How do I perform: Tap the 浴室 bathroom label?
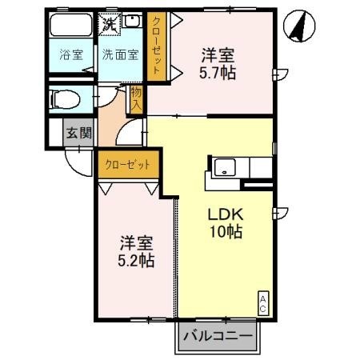(x=71, y=55)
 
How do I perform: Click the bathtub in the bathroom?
(x=72, y=29)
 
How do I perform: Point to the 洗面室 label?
(x=120, y=55)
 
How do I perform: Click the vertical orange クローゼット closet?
(x=156, y=45)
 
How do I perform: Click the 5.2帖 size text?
(x=137, y=261)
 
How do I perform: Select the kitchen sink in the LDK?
(x=223, y=169)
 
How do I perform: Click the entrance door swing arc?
(x=78, y=165)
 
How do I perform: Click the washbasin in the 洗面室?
(x=133, y=23)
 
